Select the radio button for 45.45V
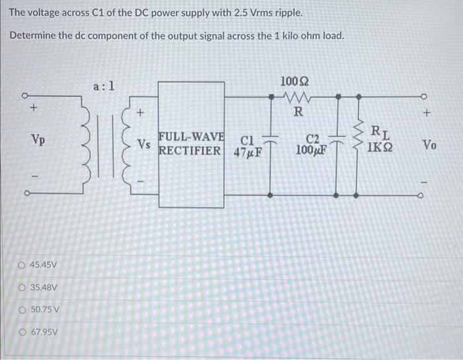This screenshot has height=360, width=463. (x=23, y=265)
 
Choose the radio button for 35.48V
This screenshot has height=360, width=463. (x=23, y=287)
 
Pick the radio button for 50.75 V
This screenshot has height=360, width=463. (x=23, y=310)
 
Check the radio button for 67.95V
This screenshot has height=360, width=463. (x=23, y=332)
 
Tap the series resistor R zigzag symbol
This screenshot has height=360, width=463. (x=294, y=97)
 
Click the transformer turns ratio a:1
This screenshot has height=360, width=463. (x=105, y=85)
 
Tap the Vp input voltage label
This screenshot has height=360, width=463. (x=38, y=140)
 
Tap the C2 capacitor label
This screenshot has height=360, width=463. (x=314, y=140)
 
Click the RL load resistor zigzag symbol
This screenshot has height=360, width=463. (x=360, y=142)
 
